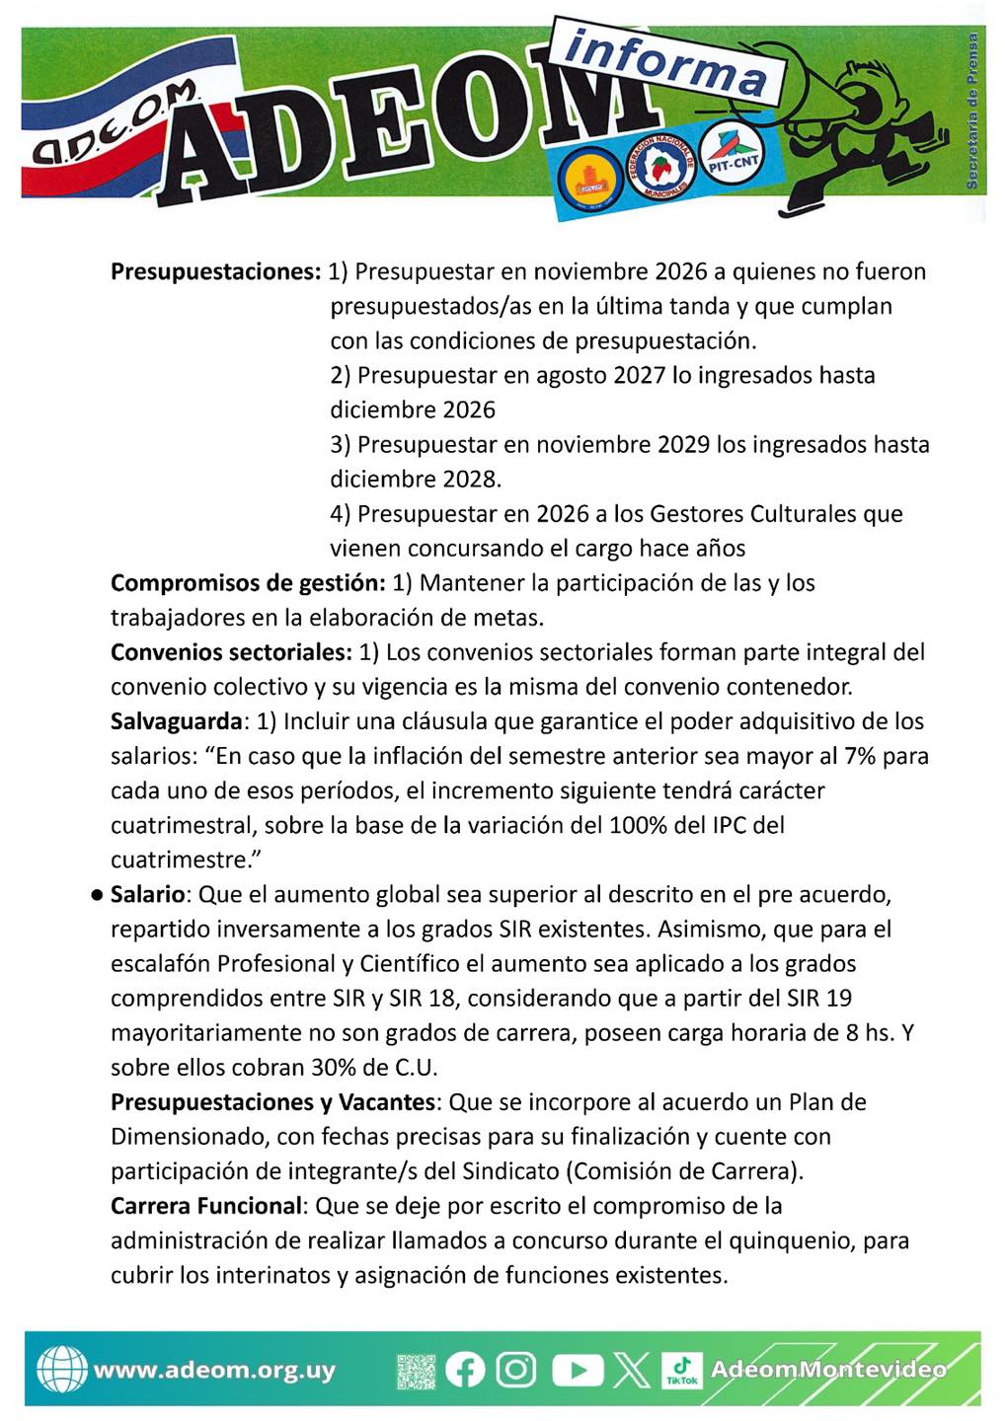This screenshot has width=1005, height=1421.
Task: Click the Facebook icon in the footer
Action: click(465, 1370)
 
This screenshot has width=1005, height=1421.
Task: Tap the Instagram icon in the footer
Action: click(515, 1370)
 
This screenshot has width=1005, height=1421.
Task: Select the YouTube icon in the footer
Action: click(577, 1370)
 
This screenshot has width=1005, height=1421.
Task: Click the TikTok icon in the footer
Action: click(682, 1370)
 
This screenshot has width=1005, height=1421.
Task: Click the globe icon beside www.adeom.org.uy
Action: click(61, 1370)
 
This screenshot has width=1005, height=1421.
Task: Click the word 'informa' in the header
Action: click(667, 63)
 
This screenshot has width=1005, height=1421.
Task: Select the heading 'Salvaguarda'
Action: click(176, 721)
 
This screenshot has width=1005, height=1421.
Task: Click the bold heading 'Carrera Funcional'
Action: click(205, 1206)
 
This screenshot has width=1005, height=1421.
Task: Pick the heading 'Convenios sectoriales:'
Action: click(231, 652)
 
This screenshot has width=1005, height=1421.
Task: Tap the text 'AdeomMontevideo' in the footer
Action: click(828, 1370)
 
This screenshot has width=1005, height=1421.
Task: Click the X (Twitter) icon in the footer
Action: click(632, 1370)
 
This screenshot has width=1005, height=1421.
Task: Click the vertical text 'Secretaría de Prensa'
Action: click(971, 111)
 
